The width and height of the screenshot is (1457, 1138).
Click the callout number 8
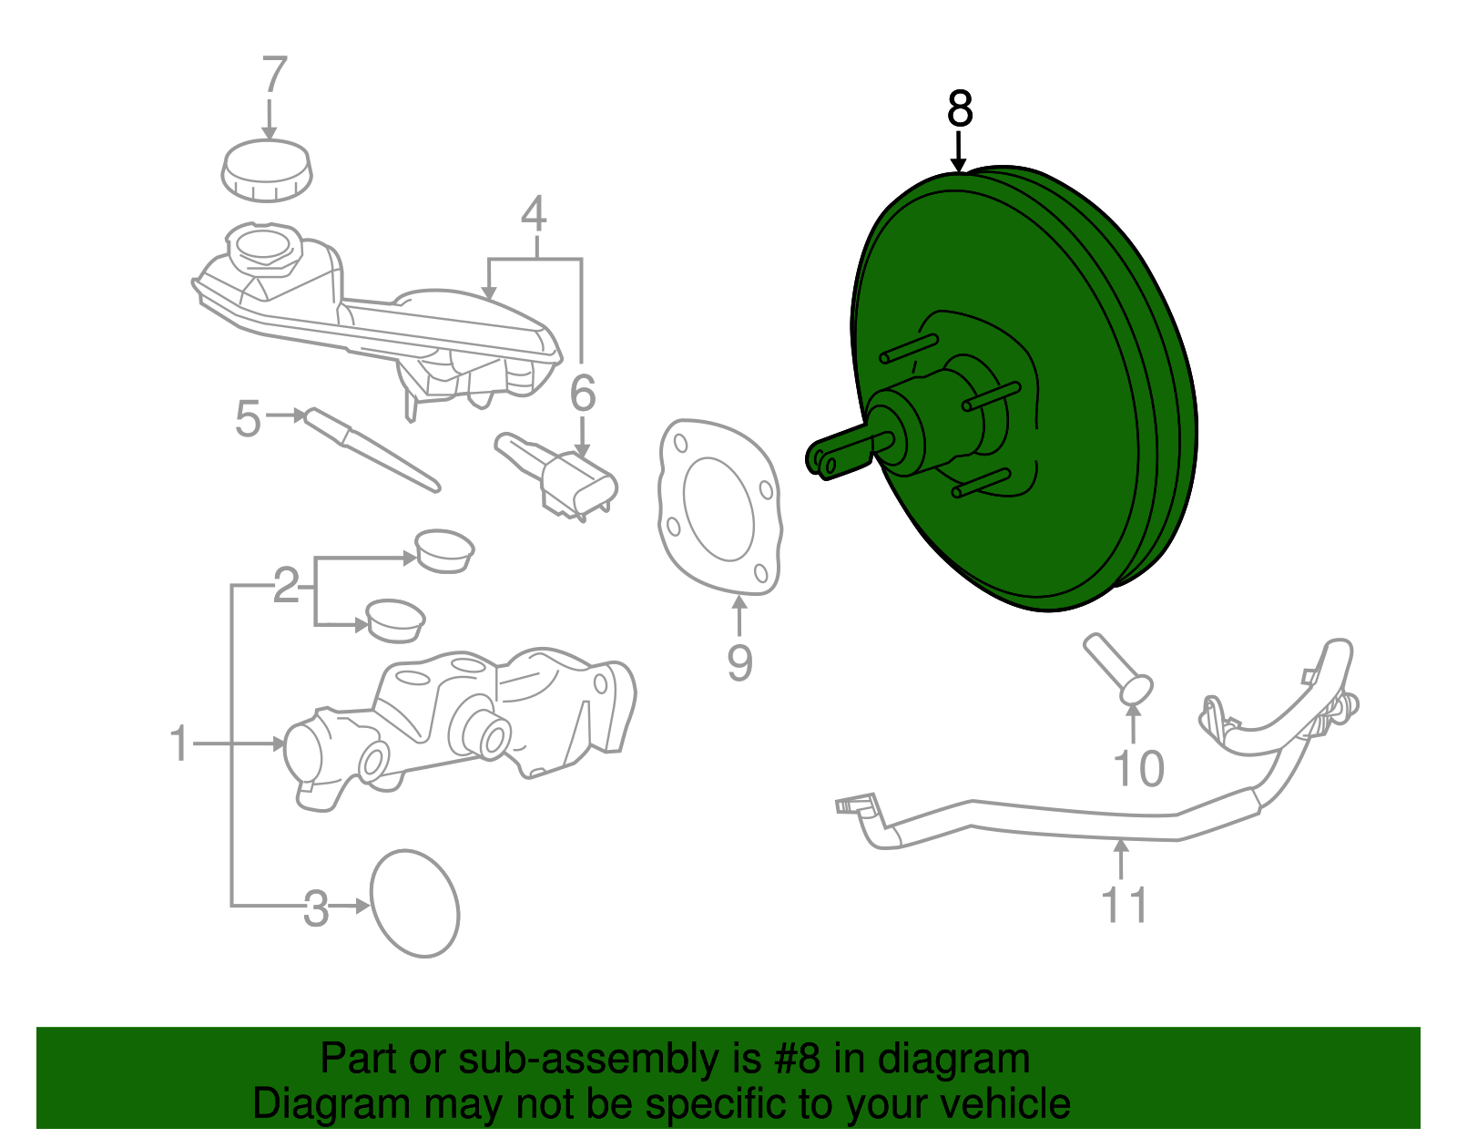pos(960,109)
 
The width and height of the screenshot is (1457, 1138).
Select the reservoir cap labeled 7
pos(267,170)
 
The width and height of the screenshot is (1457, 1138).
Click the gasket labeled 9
pos(719,507)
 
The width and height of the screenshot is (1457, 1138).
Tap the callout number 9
pos(739,662)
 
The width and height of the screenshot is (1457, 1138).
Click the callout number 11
pos(1125,905)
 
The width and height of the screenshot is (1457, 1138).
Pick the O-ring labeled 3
pos(415,904)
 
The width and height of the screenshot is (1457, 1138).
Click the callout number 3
pos(315,908)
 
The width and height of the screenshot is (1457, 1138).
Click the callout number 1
pos(179,744)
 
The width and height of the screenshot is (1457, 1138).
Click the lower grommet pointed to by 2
pos(395,620)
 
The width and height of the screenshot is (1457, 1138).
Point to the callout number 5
pos(247,419)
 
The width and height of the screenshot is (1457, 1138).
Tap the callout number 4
pos(534,214)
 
